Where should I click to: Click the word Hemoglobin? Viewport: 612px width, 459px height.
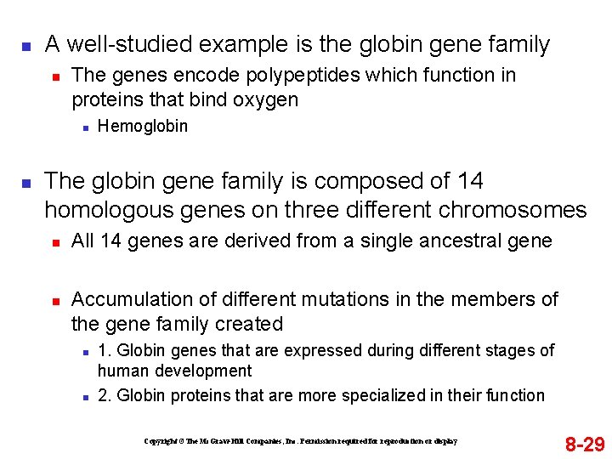coord(143,127)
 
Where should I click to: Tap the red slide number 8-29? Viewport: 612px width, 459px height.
coord(586,444)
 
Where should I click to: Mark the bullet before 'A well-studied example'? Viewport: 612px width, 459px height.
coord(26,45)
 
